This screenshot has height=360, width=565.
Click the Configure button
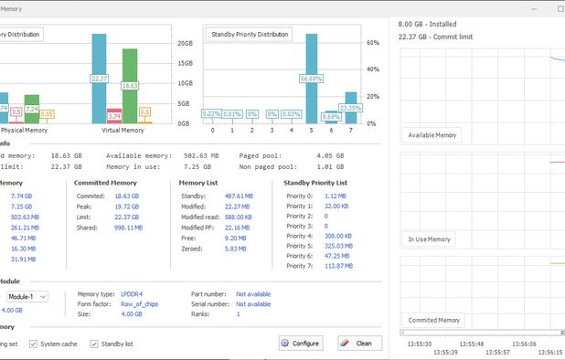[x=301, y=344]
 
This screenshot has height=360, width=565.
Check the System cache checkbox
[x=33, y=344]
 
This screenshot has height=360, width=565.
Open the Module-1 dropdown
[x=27, y=296]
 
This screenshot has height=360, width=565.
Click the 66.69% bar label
[x=311, y=79]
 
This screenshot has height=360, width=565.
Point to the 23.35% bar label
[x=351, y=108]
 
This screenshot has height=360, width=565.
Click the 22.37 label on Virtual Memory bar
[x=100, y=79]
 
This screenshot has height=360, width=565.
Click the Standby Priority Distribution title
[x=250, y=35]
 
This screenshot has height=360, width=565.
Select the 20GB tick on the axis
[x=184, y=43]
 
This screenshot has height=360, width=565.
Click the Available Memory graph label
[x=432, y=135]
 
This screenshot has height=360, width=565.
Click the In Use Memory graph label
[x=430, y=239]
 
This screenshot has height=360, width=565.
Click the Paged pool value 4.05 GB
[x=329, y=155]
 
